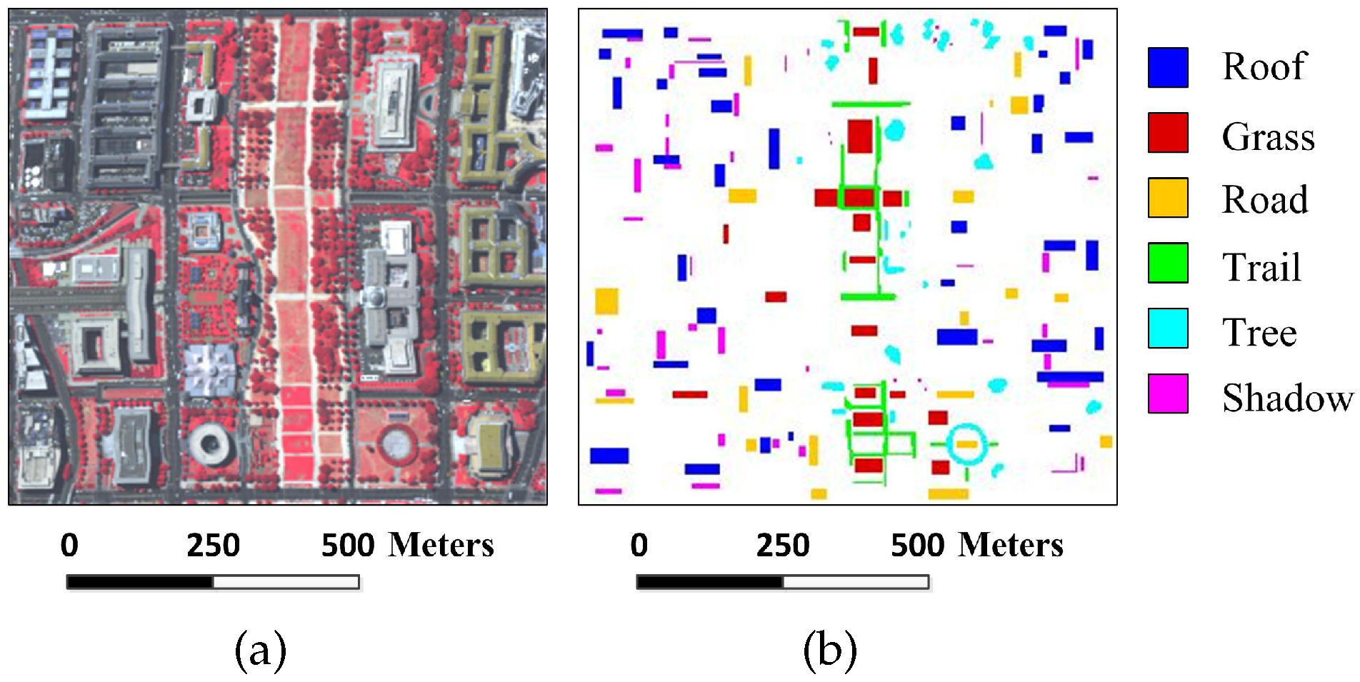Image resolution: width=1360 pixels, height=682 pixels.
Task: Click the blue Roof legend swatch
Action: pyautogui.click(x=1168, y=68)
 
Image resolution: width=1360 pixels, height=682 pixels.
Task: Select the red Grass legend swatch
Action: pyautogui.click(x=1168, y=133)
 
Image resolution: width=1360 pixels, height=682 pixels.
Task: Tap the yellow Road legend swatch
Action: pyautogui.click(x=1168, y=198)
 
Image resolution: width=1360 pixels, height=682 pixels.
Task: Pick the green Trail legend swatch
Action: pyautogui.click(x=1168, y=263)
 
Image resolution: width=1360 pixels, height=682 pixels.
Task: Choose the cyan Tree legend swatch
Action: pyautogui.click(x=1168, y=329)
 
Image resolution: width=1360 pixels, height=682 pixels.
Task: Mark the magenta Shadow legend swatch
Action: pyautogui.click(x=1168, y=393)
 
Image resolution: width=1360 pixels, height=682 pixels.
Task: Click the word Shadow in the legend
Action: pyautogui.click(x=1287, y=398)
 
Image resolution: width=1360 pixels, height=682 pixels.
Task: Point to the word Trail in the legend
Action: pyautogui.click(x=1261, y=268)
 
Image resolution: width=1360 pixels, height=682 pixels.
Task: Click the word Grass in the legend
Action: pyautogui.click(x=1268, y=136)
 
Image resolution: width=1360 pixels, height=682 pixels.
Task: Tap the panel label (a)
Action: pyautogui.click(x=261, y=651)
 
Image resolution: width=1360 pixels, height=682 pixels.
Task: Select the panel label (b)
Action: pyautogui.click(x=830, y=651)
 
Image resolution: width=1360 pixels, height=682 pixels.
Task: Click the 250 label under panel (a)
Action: pyautogui.click(x=213, y=546)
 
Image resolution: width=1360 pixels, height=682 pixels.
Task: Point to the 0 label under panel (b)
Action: pyautogui.click(x=639, y=546)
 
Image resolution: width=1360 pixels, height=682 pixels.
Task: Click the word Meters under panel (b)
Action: pyautogui.click(x=1011, y=546)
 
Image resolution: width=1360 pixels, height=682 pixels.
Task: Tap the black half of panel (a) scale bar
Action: pyautogui.click(x=140, y=583)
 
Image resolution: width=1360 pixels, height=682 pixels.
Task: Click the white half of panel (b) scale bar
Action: pyautogui.click(x=856, y=583)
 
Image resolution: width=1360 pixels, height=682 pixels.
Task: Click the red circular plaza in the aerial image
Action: pyautogui.click(x=397, y=443)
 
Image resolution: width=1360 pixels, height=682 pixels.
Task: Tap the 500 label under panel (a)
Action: pyautogui.click(x=348, y=546)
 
